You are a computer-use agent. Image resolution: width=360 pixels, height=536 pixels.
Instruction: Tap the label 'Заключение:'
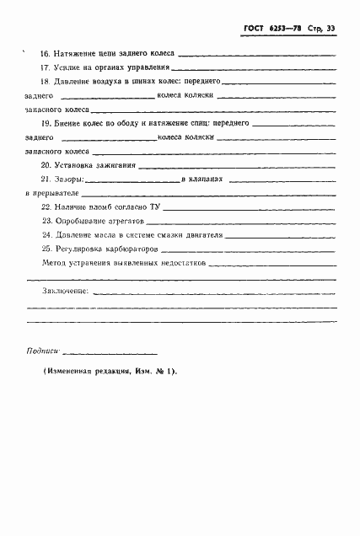click(66, 292)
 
